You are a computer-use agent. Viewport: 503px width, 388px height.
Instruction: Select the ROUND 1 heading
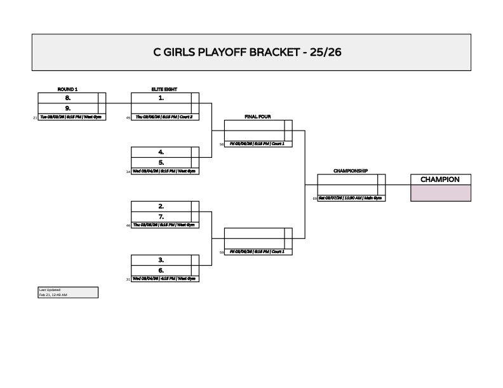[67, 90]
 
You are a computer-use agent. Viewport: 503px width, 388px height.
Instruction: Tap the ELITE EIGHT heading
[161, 90]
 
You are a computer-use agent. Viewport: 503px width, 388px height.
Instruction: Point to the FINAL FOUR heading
[258, 117]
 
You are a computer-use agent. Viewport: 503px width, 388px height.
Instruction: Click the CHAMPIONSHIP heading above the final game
[351, 171]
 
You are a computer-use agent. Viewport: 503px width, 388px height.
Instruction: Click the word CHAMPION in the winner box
[440, 179]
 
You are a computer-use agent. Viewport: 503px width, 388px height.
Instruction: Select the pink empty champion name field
[440, 193]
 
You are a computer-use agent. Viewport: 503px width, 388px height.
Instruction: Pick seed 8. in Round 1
[67, 98]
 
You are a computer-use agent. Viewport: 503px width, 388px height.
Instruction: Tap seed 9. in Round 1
[67, 108]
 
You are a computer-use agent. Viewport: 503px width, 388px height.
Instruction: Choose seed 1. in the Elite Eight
[161, 98]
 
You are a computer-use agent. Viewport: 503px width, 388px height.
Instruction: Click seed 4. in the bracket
[161, 152]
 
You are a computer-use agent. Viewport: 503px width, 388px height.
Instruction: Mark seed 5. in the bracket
[161, 162]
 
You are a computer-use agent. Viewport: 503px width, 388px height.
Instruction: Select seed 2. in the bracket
[161, 206]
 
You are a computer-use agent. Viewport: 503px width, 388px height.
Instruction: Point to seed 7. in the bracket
[161, 216]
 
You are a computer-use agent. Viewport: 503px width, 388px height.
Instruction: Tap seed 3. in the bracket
[161, 260]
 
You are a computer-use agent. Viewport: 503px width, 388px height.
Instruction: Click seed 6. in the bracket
[161, 269]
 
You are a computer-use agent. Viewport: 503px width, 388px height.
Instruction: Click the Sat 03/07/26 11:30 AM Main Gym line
[350, 198]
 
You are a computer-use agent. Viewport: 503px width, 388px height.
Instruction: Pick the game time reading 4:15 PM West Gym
[164, 279]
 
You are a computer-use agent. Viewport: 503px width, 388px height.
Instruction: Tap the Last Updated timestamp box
[68, 292]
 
